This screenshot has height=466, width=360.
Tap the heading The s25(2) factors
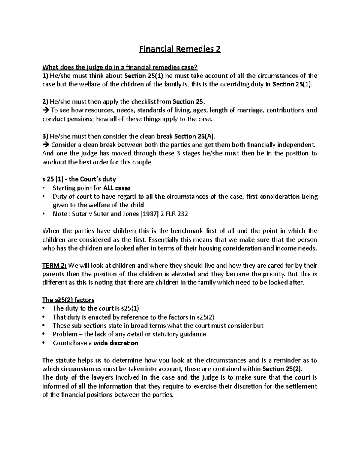pyautogui.click(x=68, y=300)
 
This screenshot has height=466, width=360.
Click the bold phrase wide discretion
pyautogui.click(x=116, y=343)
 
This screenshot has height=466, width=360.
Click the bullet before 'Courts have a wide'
pyautogui.click(x=44, y=343)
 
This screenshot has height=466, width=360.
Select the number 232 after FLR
pyautogui.click(x=183, y=214)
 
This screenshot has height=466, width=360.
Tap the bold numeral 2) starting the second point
pyautogui.click(x=45, y=101)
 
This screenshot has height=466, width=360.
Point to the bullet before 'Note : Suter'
pyautogui.click(x=44, y=214)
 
